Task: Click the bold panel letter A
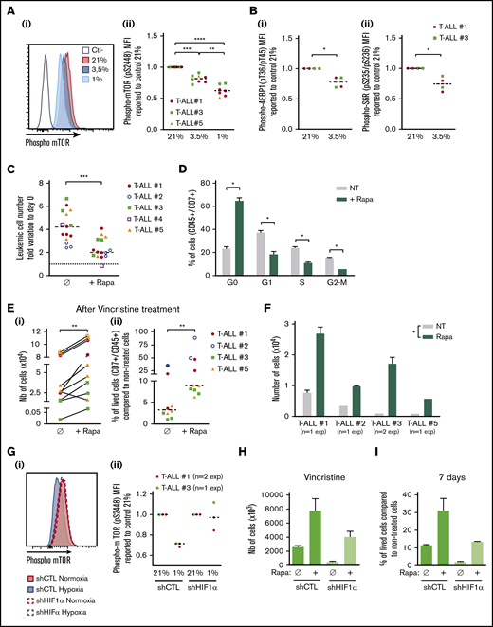[x=8, y=9]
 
